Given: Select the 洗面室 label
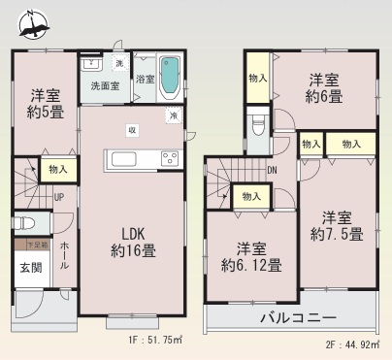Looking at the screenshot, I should (105, 85).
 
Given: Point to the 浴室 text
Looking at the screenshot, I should (146, 80).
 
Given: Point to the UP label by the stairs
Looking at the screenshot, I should (58, 198).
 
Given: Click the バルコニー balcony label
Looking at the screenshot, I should (297, 318).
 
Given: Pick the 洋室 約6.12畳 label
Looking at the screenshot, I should (250, 254).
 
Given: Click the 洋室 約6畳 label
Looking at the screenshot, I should (324, 87).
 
